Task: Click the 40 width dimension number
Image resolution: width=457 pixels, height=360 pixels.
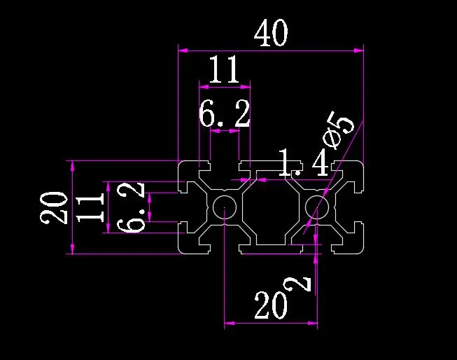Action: [271, 33]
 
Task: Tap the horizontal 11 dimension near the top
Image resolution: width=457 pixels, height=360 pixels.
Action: [224, 70]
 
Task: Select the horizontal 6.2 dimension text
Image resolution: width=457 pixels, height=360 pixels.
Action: [225, 113]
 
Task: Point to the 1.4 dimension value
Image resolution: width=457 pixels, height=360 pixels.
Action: [304, 162]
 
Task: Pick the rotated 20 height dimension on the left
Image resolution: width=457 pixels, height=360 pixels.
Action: [54, 208]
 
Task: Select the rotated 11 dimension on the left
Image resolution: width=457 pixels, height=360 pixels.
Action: [90, 208]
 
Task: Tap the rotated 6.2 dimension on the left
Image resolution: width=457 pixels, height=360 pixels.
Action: [131, 207]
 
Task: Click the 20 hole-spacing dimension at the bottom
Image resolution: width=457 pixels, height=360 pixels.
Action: [271, 305]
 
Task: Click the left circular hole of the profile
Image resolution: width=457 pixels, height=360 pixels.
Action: [224, 207]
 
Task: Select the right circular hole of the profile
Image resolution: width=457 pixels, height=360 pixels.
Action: [317, 207]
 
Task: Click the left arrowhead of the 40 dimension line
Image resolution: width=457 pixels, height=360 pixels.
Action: [183, 50]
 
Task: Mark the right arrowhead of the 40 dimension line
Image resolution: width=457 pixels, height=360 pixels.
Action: [359, 50]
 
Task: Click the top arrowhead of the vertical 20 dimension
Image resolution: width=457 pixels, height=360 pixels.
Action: [73, 165]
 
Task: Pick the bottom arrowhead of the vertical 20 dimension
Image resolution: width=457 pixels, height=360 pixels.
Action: [73, 249]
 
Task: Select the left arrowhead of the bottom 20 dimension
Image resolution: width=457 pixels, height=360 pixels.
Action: [230, 323]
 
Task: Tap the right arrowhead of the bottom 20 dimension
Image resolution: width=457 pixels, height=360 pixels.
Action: [312, 323]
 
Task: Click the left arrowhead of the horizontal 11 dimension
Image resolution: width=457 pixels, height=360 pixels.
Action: [204, 87]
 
